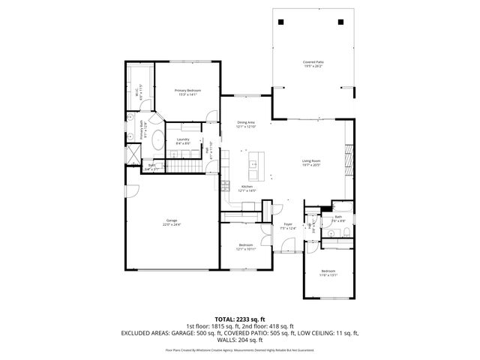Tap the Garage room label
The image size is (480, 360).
point(173,222)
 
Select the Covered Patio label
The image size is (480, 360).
point(313,64)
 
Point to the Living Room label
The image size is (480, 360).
point(311,163)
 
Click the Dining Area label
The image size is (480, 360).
point(246,124)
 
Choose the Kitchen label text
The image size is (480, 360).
point(247,189)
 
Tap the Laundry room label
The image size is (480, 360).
point(182,141)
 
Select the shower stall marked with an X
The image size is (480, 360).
point(133,151)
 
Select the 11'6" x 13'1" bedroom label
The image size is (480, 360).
point(328,272)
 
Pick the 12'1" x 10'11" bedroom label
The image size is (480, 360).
point(246,247)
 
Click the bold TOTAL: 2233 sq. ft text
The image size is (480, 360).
point(239,319)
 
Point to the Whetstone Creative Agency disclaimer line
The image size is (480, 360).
point(240,349)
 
